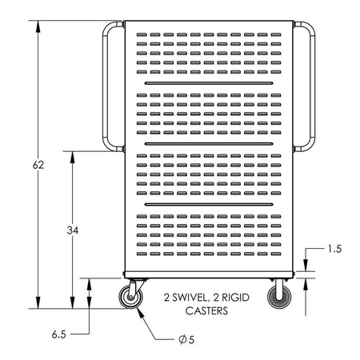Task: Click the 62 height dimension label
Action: coord(38,165)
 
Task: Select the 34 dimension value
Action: coord(73,230)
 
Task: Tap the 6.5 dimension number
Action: coord(58,334)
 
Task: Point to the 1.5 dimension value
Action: coord(334,249)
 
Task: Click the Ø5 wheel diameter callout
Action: coord(186,339)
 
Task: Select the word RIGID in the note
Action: coord(235,298)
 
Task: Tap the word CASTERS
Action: coord(206,310)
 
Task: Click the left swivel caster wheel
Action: coord(130,297)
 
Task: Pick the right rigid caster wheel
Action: coord(279,297)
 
